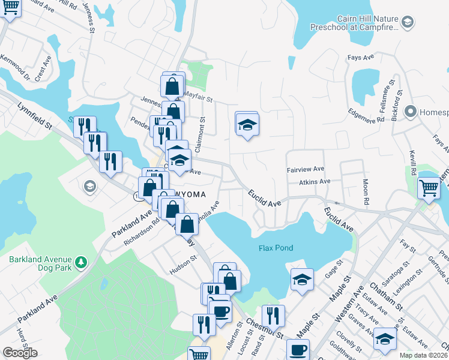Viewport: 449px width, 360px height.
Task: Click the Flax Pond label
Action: tap(274, 248)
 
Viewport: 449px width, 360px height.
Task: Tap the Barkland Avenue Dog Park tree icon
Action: tap(83, 263)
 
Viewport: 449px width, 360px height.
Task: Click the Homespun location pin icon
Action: tap(411, 112)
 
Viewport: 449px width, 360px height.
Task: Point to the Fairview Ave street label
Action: tap(305, 170)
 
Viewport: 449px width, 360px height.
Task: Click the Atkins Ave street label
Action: tap(316, 181)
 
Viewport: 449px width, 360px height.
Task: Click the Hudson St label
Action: tap(183, 265)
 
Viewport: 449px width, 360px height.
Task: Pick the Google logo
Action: tap(20, 353)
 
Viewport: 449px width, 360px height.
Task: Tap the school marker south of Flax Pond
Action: tap(302, 279)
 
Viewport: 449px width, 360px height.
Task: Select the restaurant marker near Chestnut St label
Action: tap(273, 314)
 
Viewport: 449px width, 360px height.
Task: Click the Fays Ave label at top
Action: tap(361, 58)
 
